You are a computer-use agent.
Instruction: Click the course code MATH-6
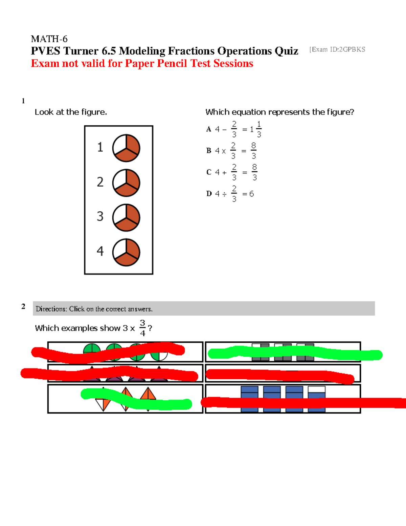[49, 39]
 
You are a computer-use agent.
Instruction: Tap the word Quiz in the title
[286, 51]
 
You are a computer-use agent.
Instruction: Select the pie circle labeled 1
[126, 148]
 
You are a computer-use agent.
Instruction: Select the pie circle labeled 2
[126, 183]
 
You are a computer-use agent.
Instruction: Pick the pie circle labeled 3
[126, 217]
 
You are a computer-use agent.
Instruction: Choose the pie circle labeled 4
[126, 252]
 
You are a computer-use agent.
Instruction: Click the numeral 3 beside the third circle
[100, 216]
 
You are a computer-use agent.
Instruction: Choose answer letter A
[209, 129]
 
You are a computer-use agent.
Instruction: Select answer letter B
[209, 151]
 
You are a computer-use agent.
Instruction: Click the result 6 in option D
[251, 194]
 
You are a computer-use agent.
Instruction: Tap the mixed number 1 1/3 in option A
[256, 129]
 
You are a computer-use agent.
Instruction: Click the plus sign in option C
[224, 173]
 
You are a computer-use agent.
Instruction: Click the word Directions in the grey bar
[51, 309]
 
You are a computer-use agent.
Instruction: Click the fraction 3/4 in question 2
[142, 328]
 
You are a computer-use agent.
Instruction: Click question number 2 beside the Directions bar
[23, 307]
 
